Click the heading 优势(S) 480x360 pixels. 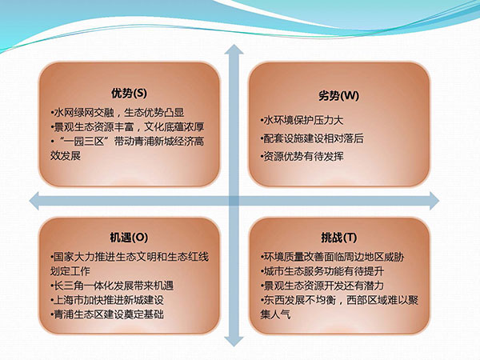click(129, 93)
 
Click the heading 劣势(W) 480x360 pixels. click(338, 96)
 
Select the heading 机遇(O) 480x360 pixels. click(129, 238)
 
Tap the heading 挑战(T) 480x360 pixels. click(339, 238)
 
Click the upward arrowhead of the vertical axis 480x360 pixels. click(234, 50)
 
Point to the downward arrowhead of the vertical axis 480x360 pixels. click(234, 341)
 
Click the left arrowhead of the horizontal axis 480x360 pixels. click(34, 201)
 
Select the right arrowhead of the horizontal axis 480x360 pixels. click(434, 201)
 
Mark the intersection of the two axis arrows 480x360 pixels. click(234, 201)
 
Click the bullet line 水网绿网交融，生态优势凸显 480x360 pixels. click(118, 113)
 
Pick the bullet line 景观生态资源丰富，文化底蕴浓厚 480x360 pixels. click(128, 126)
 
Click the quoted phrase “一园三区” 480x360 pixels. click(84, 142)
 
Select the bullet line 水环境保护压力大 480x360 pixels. click(302, 120)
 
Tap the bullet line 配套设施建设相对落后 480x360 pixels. click(312, 138)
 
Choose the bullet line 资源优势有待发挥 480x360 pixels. click(302, 157)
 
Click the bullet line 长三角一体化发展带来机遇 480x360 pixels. click(112, 286)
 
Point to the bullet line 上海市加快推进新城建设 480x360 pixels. click(107, 300)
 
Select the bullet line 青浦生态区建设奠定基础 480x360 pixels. click(107, 314)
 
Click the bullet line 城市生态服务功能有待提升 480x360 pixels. click(322, 271)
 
